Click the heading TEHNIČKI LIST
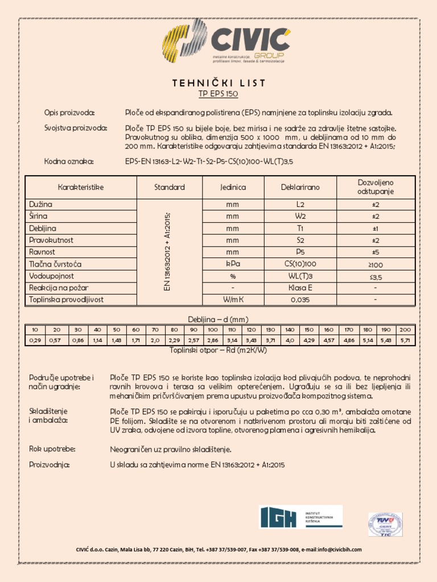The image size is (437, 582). tap(218, 83)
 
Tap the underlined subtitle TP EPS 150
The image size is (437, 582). tap(218, 94)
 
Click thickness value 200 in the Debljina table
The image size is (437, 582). tap(405, 330)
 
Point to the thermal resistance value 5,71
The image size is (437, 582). tap(405, 340)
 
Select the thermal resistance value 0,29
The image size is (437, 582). tap(35, 340)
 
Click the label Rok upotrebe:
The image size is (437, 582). tap(52, 449)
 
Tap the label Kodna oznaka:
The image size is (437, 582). tap(69, 161)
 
